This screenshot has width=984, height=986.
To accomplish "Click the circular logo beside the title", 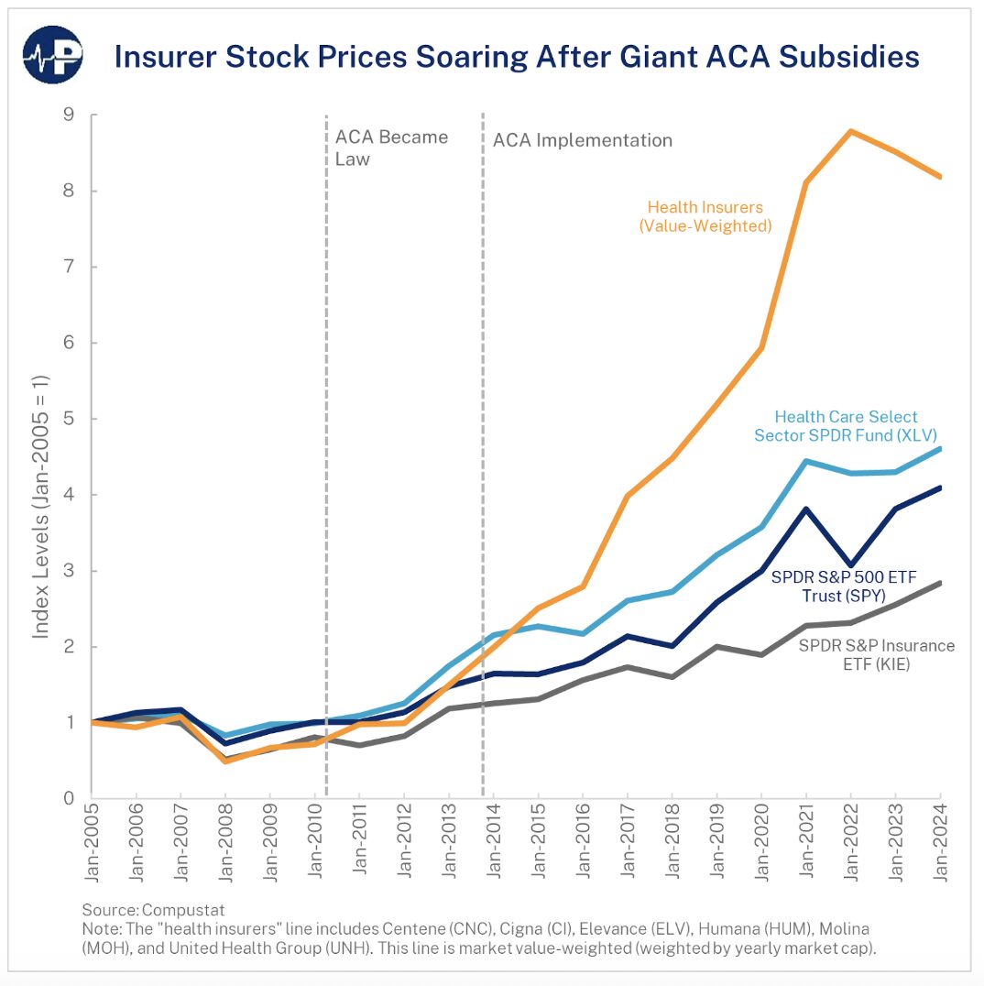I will pyautogui.click(x=53, y=56).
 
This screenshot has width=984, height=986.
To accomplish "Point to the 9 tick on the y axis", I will pyautogui.click(x=69, y=115).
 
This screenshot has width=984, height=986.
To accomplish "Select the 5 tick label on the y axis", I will pyautogui.click(x=69, y=419).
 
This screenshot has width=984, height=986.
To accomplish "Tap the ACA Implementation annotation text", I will pyautogui.click(x=583, y=140).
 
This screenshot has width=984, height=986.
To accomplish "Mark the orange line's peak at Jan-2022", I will pyautogui.click(x=851, y=131).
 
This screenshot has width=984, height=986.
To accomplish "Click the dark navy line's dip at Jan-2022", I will pyautogui.click(x=851, y=565).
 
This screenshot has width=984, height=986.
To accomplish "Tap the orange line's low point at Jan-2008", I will pyautogui.click(x=225, y=761).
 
